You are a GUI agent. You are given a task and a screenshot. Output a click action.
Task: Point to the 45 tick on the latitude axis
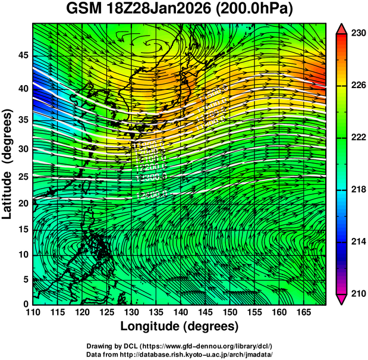click(x=22, y=55)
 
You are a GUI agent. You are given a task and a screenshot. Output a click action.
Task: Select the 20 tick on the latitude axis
click(x=22, y=203)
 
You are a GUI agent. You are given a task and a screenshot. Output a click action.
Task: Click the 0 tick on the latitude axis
click(x=25, y=303)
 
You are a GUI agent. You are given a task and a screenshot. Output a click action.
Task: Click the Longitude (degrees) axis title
click(x=180, y=327)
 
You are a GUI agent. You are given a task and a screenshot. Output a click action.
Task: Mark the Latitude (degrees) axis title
click(x=8, y=164)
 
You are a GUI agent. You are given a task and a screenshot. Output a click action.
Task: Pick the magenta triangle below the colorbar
click(x=341, y=299)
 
